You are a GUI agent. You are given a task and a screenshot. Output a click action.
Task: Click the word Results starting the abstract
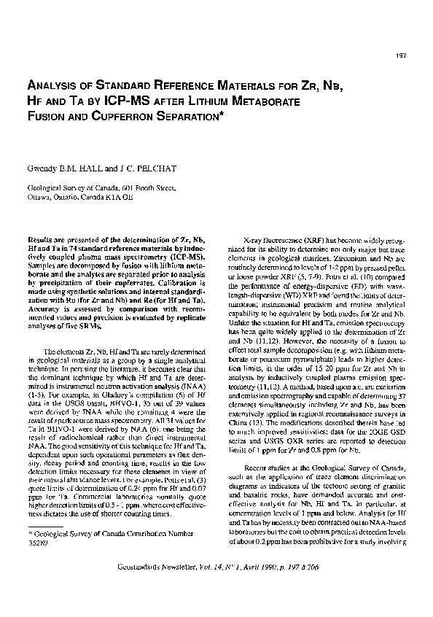pos(42,240)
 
